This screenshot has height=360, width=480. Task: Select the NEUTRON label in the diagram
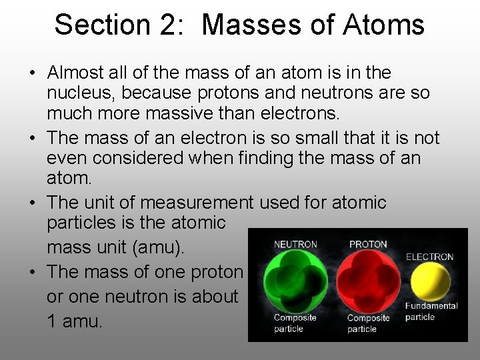pos(296,245)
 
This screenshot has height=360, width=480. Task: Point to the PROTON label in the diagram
pos(368,245)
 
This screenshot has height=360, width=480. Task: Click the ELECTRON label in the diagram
pos(429,257)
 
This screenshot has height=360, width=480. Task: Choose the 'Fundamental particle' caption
pos(431,311)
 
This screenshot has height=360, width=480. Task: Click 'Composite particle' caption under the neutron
pos(295,323)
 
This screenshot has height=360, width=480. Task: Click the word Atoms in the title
pos(388,25)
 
